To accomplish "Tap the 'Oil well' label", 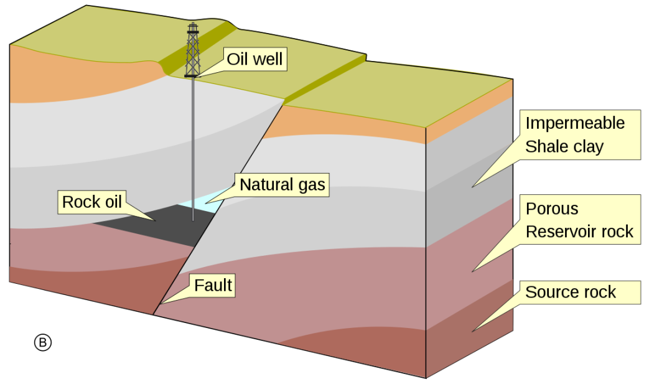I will (254, 60).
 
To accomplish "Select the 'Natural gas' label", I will (282, 185).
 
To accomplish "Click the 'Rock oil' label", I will (91, 202).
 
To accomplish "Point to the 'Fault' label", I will (213, 286).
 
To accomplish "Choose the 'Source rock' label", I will (571, 292).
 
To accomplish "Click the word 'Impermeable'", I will (575, 123).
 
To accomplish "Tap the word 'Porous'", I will (552, 208).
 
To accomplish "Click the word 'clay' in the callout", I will (589, 146).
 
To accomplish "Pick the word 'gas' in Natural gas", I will (310, 185).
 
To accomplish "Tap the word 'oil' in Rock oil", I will (111, 202).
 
